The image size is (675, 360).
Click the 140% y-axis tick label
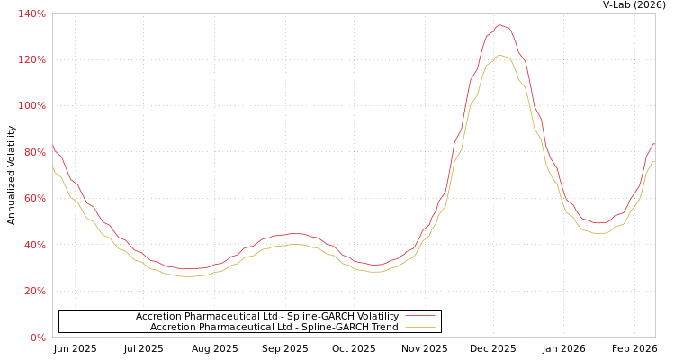click(31, 13)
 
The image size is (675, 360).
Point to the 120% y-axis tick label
click(31, 59)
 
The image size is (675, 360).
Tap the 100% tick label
click(31, 105)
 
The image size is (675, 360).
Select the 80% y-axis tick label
click(34, 152)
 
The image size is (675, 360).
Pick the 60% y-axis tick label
click(34, 198)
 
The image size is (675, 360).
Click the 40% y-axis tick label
click(34, 245)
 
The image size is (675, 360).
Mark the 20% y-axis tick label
click(34, 291)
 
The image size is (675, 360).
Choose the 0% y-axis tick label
click(38, 337)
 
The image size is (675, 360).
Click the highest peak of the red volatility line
click(500, 25)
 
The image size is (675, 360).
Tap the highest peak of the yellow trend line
click(500, 55)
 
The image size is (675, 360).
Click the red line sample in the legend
click(419, 316)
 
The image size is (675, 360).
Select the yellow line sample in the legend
click(419, 327)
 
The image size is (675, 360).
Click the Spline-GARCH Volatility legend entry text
click(266, 316)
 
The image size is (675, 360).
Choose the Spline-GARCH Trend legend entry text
click(274, 327)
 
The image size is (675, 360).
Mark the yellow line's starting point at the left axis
click(53, 168)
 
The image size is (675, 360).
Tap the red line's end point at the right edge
click(654, 144)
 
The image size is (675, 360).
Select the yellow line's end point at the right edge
click(654, 162)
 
